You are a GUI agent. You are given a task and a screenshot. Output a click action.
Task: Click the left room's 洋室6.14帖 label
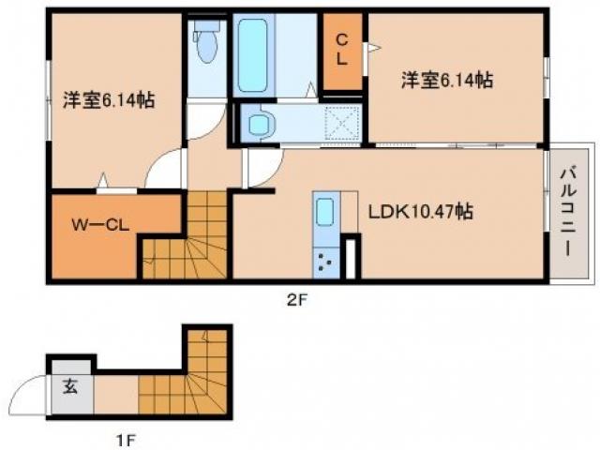pos(109,99)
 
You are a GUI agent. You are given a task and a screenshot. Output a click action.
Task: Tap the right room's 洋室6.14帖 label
pos(447,81)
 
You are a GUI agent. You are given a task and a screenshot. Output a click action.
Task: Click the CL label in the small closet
pos(342,48)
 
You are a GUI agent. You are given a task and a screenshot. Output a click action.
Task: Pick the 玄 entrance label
pos(70,385)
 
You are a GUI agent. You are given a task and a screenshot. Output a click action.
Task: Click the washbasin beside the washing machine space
pos(259,122)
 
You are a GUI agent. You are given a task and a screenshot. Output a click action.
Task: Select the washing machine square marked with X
pos(342,122)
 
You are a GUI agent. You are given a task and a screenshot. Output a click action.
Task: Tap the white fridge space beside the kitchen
pos(352,259)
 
